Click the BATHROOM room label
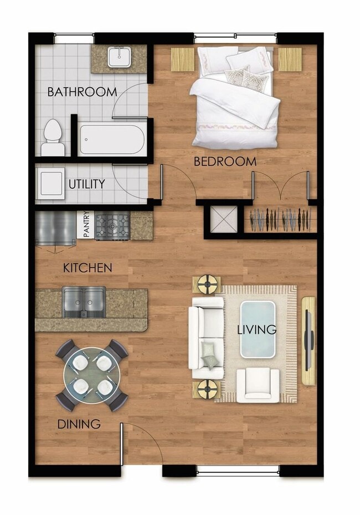click(x=82, y=92)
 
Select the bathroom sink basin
click(x=119, y=57)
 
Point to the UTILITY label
click(x=87, y=184)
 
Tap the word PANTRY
click(x=86, y=226)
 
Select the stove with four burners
click(x=112, y=226)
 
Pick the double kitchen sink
click(x=84, y=302)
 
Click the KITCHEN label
click(x=88, y=268)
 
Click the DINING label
click(x=79, y=425)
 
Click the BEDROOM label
click(x=225, y=162)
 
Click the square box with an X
click(x=224, y=220)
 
